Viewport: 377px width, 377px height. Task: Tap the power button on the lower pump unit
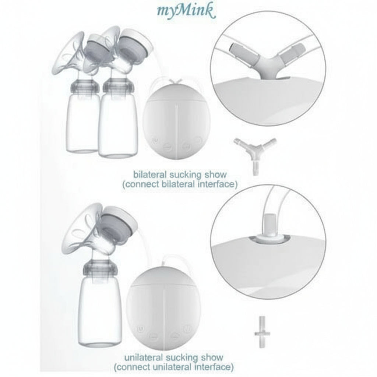point(140,329)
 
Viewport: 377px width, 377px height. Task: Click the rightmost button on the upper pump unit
point(198,140)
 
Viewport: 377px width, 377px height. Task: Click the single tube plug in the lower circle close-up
point(269,229)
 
